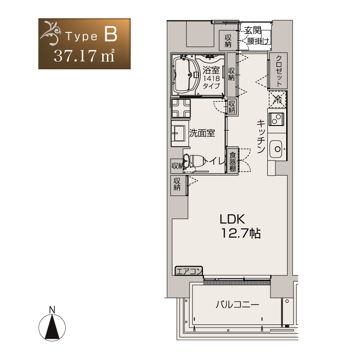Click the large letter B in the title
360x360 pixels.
coord(111,34)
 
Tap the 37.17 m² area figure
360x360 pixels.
coord(84,56)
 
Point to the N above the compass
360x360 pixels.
coord(52,310)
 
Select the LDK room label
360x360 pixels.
coord(232,219)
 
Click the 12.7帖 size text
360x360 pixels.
coord(241,233)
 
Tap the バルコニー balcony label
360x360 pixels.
coord(237,305)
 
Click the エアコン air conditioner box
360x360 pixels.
coord(189,271)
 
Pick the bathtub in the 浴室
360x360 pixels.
coord(185,75)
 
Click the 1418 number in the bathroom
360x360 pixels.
coord(211,78)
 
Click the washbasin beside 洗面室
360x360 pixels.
coord(180,133)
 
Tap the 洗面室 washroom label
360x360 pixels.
coord(202,133)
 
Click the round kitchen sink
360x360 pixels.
coord(277,149)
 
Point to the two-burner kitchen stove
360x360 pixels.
coord(276,119)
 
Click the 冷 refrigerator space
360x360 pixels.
coord(278,99)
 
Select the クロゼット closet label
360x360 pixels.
coord(279,71)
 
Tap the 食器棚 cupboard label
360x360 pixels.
coord(233,162)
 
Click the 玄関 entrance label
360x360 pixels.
coord(252,31)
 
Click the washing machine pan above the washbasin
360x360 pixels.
coord(181,108)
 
